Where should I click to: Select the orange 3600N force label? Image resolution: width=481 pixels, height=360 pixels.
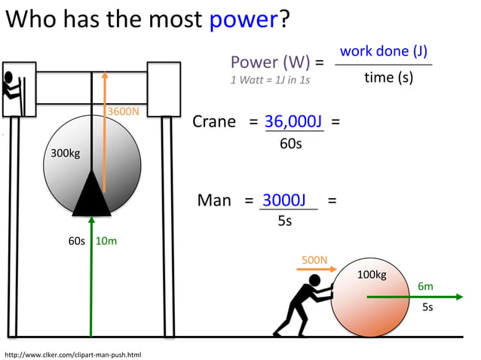click(124, 111)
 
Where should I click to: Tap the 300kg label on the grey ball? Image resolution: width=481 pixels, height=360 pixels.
click(65, 154)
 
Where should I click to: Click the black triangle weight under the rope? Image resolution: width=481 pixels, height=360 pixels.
click(91, 194)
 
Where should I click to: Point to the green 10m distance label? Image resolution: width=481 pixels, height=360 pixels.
click(106, 242)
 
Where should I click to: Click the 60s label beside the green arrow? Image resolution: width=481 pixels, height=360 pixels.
click(77, 242)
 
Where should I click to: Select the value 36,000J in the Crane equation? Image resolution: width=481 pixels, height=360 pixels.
click(294, 122)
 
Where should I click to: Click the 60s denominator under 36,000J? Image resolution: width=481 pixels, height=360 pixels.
click(291, 143)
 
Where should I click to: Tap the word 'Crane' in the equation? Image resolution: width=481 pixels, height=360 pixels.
click(214, 122)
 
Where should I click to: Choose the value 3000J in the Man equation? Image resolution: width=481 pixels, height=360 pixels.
click(283, 200)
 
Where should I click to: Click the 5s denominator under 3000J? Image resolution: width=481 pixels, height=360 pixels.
click(284, 221)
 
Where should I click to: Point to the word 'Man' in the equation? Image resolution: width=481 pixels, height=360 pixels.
click(214, 200)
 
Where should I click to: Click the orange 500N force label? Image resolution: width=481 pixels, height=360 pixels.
click(314, 261)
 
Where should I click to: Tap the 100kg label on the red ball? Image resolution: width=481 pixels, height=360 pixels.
click(371, 274)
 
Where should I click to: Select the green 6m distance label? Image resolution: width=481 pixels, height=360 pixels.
click(425, 286)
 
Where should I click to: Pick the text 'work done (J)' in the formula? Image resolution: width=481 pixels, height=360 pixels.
click(384, 51)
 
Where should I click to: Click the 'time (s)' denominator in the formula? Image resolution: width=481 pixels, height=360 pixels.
click(388, 77)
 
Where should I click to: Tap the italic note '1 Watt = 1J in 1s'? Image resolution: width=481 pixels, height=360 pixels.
click(270, 79)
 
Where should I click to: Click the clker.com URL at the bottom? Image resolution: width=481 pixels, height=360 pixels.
click(73, 354)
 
